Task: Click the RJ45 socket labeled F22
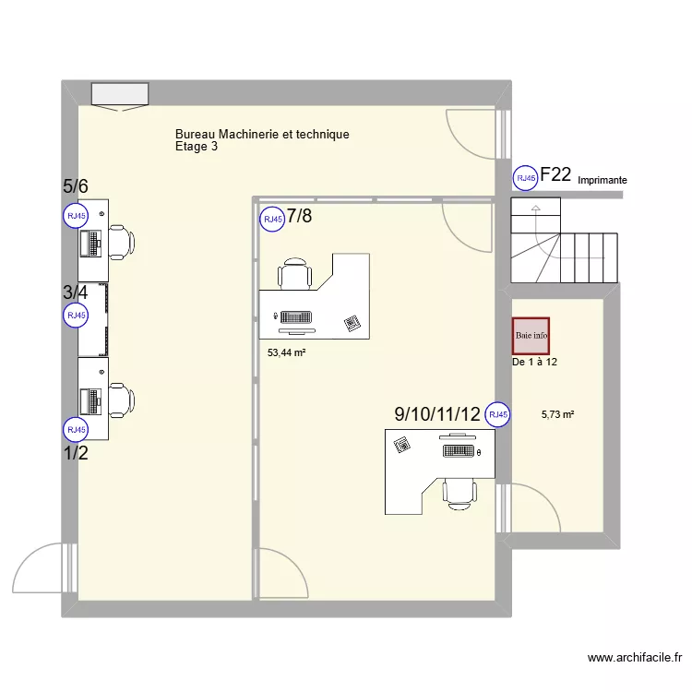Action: point(525,178)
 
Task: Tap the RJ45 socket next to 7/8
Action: point(271,220)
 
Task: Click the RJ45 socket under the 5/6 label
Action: point(75,216)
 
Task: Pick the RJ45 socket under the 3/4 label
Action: point(75,316)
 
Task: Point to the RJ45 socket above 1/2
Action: point(75,430)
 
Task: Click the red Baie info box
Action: point(531,336)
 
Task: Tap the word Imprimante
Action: point(603,181)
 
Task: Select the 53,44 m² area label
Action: point(286,352)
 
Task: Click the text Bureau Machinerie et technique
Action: point(262,135)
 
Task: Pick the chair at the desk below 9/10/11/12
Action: point(459,491)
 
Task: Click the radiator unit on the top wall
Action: point(119,94)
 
